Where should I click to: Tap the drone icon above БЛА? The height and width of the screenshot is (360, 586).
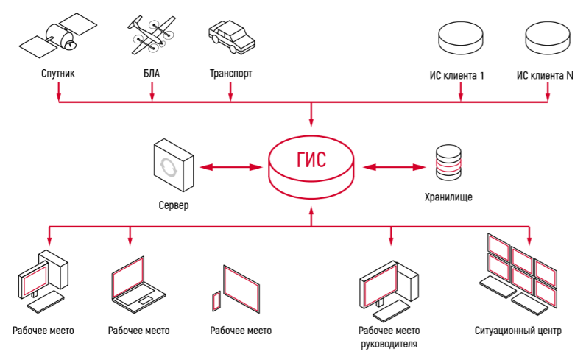pyautogui.click(x=152, y=34)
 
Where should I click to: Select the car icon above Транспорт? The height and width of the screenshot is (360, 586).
pyautogui.click(x=230, y=35)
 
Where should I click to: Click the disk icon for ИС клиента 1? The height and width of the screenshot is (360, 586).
pyautogui.click(x=460, y=36)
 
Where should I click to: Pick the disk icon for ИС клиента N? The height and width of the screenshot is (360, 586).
pyautogui.click(x=548, y=36)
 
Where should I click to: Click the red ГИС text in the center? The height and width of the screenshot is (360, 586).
pyautogui.click(x=311, y=160)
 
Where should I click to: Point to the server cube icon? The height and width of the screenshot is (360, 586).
pyautogui.click(x=173, y=165)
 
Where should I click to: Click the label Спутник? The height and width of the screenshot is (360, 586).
pyautogui.click(x=58, y=74)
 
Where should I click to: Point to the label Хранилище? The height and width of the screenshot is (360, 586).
pyautogui.click(x=448, y=197)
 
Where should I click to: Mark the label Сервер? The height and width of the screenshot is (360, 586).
pyautogui.click(x=173, y=205)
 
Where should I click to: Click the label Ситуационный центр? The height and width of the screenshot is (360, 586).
pyautogui.click(x=518, y=331)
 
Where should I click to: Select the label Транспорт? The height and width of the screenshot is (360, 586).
pyautogui.click(x=230, y=74)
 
